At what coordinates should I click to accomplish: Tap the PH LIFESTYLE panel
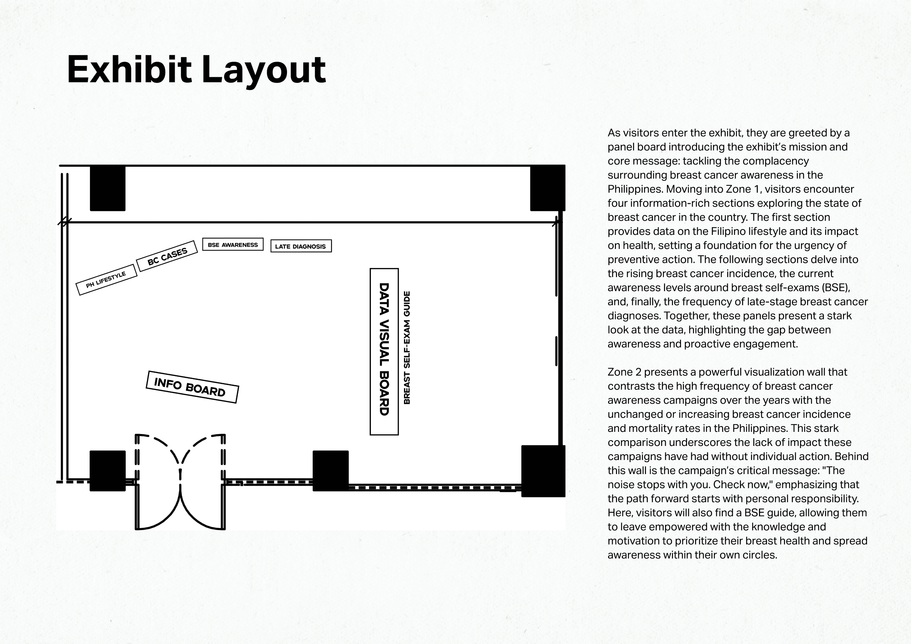106,280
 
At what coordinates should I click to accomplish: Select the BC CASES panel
167,256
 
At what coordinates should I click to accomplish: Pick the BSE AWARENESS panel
233,245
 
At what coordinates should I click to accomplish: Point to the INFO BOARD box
192,387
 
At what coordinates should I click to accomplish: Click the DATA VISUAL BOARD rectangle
384,351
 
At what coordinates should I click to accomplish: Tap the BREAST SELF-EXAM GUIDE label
407,348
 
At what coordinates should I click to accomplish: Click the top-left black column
108,188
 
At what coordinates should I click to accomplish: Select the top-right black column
547,188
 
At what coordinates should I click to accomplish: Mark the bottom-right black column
543,471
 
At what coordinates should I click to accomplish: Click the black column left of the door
108,471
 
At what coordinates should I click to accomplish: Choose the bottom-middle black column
330,471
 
